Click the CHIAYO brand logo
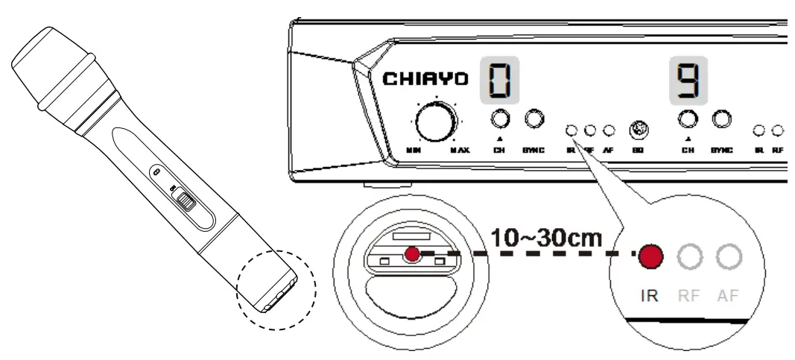[x=425, y=79]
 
